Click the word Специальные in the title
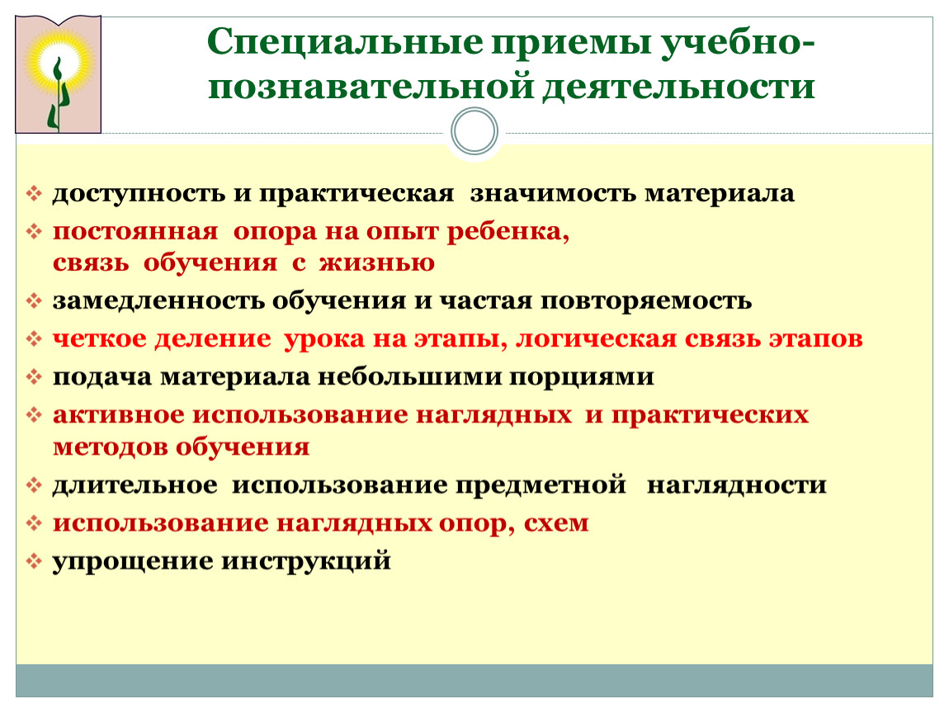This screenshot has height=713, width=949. [x=345, y=43]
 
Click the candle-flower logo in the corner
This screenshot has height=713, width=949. [x=58, y=74]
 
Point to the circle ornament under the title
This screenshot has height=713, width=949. [x=474, y=131]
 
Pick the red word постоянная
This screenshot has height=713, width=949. [x=135, y=231]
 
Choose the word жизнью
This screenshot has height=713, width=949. [x=376, y=263]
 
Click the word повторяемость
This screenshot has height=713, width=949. [x=646, y=301]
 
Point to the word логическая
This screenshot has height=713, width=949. [x=596, y=339]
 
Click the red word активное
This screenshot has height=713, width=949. [x=119, y=415]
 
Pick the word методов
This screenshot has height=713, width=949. [x=111, y=447]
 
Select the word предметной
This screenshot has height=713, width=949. [x=541, y=485]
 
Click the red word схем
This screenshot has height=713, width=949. [x=556, y=523]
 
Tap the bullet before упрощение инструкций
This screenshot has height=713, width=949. [x=34, y=562]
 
